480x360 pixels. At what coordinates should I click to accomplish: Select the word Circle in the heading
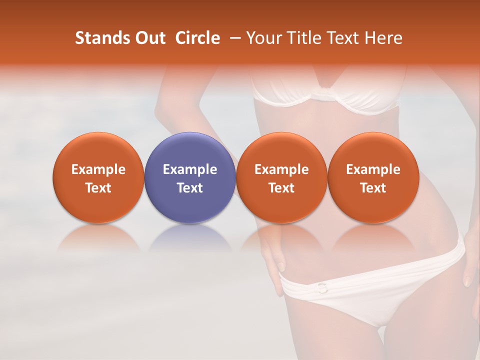tap(197, 38)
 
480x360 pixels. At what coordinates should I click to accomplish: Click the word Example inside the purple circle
tap(190, 169)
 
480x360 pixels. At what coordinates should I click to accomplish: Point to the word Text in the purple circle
tap(190, 187)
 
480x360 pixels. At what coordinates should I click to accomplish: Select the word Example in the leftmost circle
tap(98, 169)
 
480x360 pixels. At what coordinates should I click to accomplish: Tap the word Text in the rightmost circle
tap(373, 187)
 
